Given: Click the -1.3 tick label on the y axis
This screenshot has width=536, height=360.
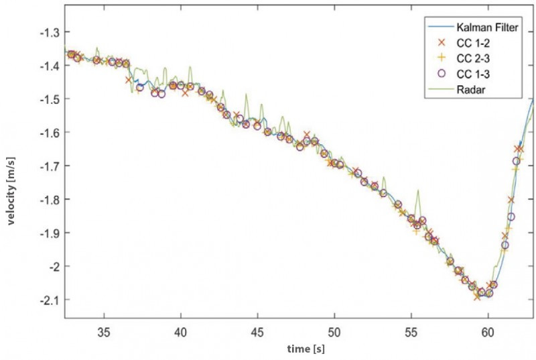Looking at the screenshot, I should (51, 32).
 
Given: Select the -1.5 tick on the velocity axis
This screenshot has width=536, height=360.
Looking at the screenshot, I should (51, 99).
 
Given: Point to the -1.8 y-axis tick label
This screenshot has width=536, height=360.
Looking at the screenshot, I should (51, 199).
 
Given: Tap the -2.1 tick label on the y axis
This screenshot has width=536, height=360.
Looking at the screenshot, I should (51, 300).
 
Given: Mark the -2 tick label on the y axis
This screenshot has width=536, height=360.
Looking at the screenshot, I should (55, 266).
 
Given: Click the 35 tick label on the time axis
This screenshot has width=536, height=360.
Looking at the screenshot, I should (103, 332).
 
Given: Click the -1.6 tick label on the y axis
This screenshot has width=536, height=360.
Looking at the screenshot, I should (51, 133).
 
